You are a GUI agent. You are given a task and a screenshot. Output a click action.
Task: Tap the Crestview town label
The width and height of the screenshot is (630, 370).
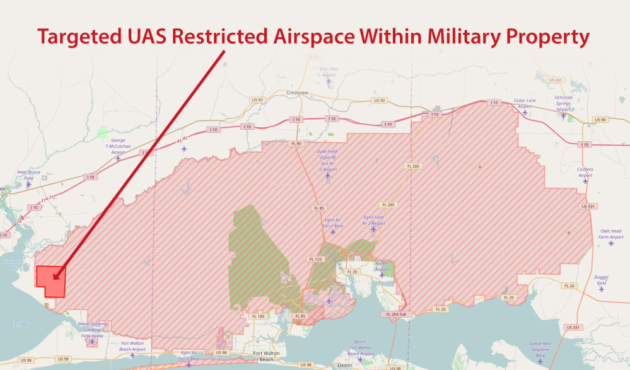click(x=296, y=93)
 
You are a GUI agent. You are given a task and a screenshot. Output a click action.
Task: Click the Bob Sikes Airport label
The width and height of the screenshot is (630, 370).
click(x=329, y=72)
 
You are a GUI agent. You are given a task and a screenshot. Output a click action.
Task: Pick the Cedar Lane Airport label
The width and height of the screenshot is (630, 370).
click(x=525, y=103)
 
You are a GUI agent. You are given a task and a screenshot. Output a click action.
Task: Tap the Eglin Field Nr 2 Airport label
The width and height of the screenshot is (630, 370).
click(x=373, y=220)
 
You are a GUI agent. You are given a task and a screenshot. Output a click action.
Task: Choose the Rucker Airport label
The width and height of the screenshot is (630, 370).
click(x=382, y=267)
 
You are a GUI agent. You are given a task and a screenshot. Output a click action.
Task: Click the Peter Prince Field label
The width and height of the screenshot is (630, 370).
click(x=28, y=175)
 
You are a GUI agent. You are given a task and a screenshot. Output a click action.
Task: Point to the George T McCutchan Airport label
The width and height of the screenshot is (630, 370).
click(x=118, y=146)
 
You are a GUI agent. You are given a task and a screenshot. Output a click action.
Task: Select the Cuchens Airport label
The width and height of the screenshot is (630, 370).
click(x=585, y=172)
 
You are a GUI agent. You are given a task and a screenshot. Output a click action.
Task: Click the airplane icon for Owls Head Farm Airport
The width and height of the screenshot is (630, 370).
click(x=610, y=243)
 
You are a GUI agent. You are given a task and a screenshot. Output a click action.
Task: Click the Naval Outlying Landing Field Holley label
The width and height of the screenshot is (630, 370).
click(x=92, y=330)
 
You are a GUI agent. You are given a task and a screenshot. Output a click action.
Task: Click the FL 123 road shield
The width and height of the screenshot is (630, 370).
click(x=315, y=258)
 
